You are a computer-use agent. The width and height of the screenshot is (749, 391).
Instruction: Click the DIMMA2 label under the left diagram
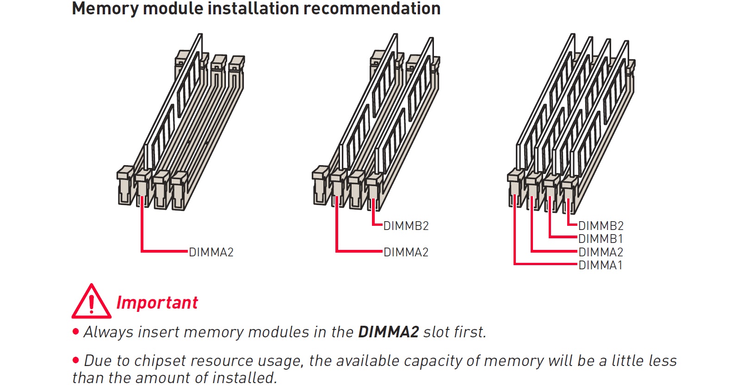point(211,252)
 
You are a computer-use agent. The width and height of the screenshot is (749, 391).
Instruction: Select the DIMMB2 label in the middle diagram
point(406,226)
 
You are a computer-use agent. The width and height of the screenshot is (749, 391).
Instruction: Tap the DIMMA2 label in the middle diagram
point(406,252)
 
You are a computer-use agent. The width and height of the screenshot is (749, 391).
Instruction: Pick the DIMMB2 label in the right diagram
point(600,226)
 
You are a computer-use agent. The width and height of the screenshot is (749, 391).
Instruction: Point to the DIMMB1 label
point(600,239)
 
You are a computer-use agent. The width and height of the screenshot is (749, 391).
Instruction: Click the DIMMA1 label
point(600,265)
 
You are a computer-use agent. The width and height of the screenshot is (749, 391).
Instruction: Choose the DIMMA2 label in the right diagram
point(600,252)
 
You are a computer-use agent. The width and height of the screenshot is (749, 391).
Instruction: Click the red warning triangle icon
point(91,302)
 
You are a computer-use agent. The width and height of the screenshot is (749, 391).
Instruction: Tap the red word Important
point(157,303)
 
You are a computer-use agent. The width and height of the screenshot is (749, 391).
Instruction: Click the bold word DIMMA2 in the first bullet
point(388,332)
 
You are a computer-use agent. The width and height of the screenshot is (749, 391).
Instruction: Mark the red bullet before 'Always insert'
point(76,331)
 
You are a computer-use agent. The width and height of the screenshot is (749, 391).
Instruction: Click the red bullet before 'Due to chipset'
point(76,360)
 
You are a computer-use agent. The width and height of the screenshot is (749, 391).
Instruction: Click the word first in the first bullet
point(470,332)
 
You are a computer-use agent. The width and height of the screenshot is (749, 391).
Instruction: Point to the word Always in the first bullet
point(108,332)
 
